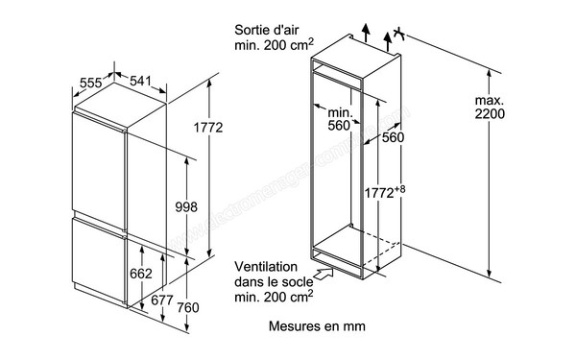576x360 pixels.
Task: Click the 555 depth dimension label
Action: [x=91, y=84]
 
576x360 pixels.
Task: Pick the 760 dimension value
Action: [x=187, y=307]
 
